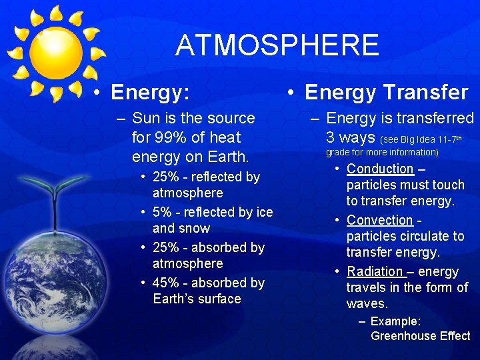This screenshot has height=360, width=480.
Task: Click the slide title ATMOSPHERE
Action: (277, 45)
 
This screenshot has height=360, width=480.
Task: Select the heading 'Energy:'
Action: (150, 93)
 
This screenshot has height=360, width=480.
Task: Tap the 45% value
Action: (166, 283)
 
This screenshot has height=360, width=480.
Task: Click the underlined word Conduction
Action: (380, 169)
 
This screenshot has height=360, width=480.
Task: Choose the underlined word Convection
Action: (379, 220)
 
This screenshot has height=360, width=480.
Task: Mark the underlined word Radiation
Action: (375, 271)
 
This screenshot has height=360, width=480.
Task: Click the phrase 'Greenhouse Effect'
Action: (420, 336)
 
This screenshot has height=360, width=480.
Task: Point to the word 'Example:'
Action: (395, 321)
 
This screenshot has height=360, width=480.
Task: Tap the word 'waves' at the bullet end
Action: (365, 304)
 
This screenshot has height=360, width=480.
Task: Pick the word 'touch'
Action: (448, 185)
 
